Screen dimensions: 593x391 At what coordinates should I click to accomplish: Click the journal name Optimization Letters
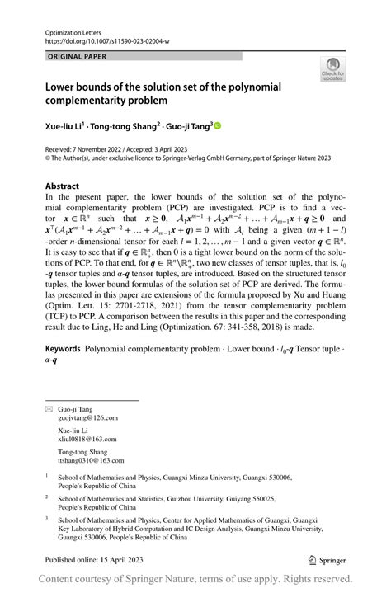coord(68,28)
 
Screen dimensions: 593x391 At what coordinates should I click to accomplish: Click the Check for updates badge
coord(332,68)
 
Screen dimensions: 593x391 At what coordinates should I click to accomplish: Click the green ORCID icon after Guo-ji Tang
coord(219,126)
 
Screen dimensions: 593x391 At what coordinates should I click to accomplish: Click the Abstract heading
coord(63,186)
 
